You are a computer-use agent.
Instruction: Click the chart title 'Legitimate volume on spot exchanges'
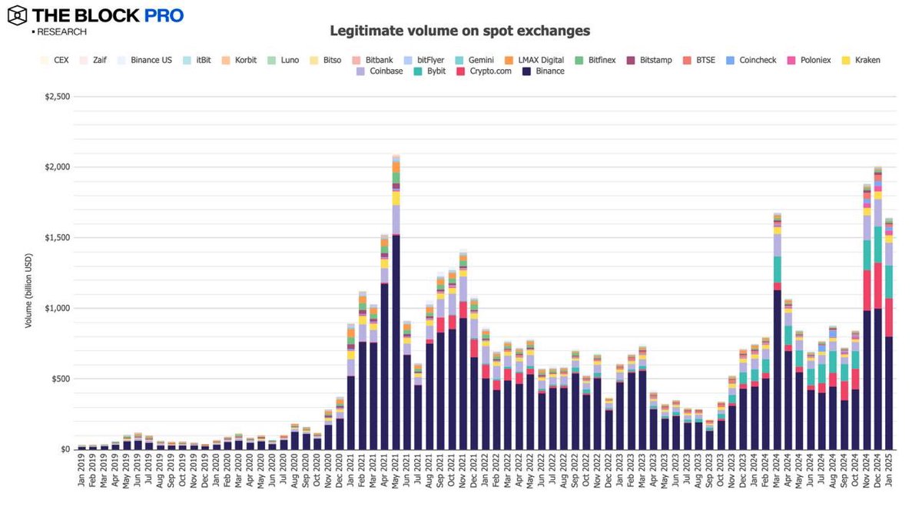tap(459, 31)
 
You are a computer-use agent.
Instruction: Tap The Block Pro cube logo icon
tap(17, 15)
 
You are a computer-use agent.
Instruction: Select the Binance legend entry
tap(544, 71)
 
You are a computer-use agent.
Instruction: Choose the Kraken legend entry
tap(861, 59)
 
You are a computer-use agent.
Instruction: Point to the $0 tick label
tap(66, 449)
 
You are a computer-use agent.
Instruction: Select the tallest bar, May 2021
tap(396, 307)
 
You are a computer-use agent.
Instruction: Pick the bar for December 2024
tap(877, 307)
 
